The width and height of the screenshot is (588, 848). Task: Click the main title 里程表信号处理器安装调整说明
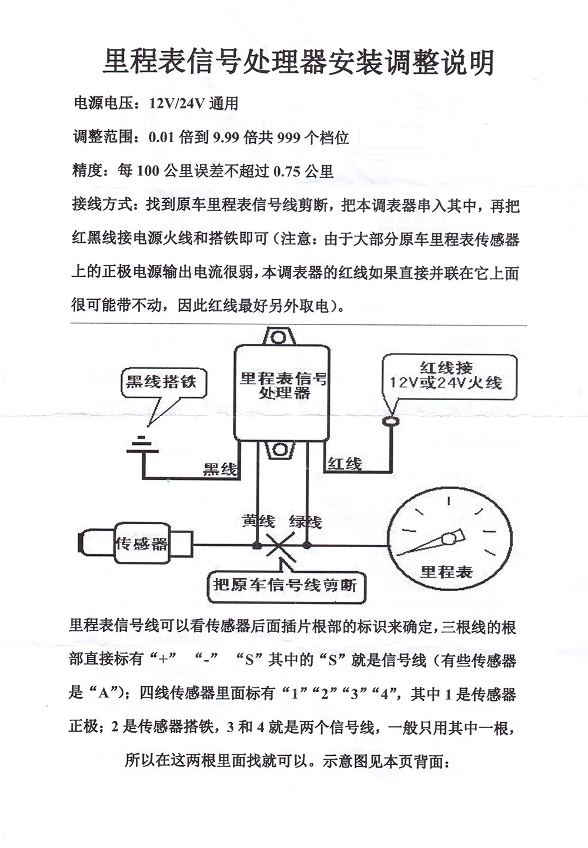point(299,62)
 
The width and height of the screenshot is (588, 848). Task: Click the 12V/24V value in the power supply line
point(176,104)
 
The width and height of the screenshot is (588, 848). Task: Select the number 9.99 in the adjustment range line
point(226,138)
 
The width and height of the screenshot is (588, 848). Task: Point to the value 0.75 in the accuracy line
point(286,172)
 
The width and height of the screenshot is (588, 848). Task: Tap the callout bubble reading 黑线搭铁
point(161,382)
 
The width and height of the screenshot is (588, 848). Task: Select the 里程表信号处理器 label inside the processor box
point(283,385)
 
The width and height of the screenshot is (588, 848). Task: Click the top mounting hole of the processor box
point(278,338)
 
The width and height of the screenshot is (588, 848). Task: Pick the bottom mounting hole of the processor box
point(278,451)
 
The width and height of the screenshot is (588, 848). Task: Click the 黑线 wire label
point(220,468)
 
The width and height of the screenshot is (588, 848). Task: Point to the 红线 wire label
point(345,464)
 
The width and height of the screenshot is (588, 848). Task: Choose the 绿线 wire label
point(305,521)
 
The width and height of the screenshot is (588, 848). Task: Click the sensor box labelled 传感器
point(141,544)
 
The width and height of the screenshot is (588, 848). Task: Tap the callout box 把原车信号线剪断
point(285,585)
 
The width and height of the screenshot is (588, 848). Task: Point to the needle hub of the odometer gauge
point(450,538)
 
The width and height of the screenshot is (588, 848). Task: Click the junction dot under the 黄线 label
point(257,546)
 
